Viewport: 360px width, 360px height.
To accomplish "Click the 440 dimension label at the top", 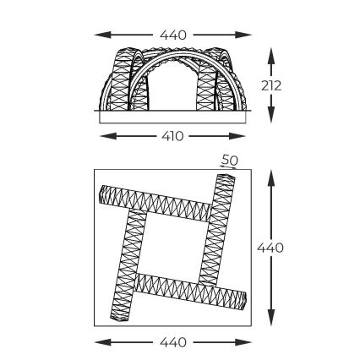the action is [173, 35].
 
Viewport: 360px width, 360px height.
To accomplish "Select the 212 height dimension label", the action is [271, 85].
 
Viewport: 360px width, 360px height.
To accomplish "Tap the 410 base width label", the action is [172, 136].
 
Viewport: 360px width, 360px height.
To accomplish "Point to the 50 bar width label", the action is [229, 160].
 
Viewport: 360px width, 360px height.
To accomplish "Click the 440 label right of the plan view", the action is [270, 248].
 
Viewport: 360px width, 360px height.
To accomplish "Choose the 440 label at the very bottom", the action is [173, 342].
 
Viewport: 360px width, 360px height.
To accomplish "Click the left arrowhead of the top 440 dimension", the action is [102, 35].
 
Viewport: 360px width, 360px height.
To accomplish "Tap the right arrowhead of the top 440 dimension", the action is [243, 35].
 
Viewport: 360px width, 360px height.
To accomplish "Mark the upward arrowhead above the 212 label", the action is [271, 56].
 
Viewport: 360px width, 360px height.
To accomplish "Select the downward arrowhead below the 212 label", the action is [271, 115].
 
